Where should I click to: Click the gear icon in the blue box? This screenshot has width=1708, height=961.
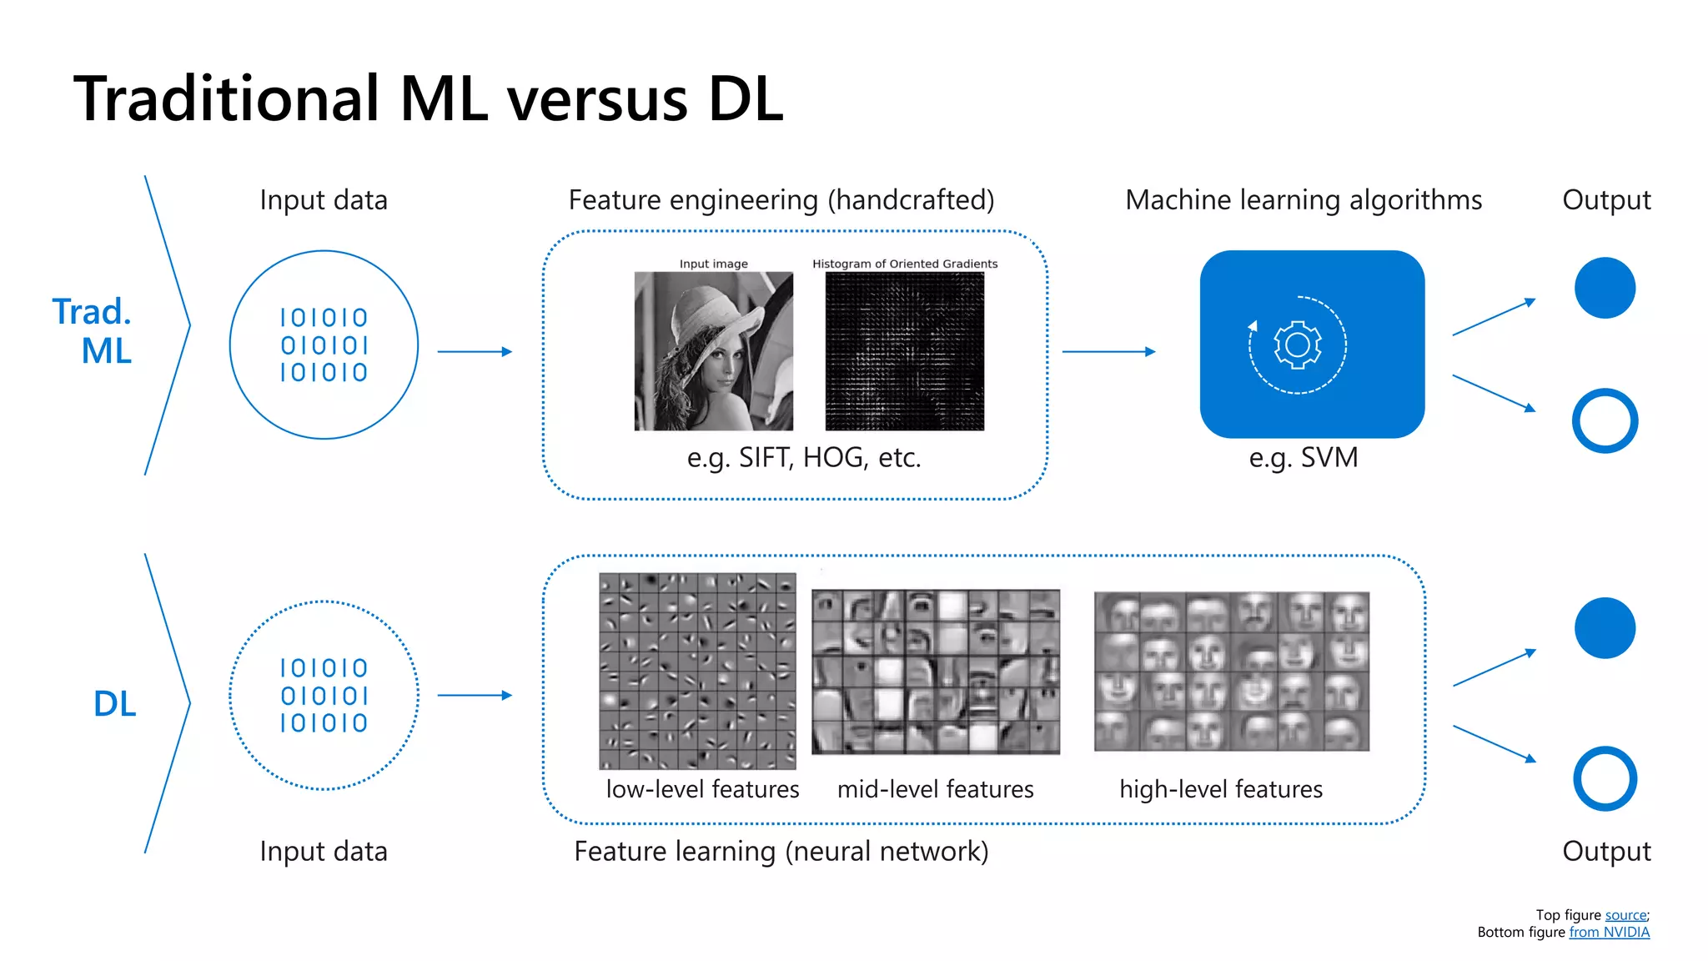tap(1298, 345)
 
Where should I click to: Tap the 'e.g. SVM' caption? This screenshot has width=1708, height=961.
tap(1303, 458)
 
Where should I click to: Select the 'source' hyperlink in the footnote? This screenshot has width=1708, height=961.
tap(1625, 915)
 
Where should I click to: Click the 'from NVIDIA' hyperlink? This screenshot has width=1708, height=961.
tap(1609, 933)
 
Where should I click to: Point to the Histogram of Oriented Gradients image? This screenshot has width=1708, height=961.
tap(904, 351)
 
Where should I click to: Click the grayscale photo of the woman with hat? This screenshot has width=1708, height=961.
tap(713, 351)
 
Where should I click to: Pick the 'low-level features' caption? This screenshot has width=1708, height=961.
tap(702, 789)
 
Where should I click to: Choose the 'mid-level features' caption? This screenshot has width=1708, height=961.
tap(935, 789)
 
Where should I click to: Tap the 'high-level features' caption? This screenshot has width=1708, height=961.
tap(1220, 789)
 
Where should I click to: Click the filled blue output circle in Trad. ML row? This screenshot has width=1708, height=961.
tap(1605, 288)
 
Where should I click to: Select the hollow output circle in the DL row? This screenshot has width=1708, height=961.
tap(1605, 778)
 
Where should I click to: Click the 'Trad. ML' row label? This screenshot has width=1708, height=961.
tap(93, 331)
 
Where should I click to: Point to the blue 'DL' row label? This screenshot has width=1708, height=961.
tap(114, 704)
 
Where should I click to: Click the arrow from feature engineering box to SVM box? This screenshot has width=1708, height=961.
tap(1108, 352)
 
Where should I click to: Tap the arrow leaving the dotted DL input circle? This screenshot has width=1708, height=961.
tap(474, 695)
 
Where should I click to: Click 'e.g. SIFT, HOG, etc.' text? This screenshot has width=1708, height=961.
tap(803, 458)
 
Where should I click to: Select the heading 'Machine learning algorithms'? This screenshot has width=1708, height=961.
tap(1303, 200)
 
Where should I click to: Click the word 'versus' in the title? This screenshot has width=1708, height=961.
tap(597, 100)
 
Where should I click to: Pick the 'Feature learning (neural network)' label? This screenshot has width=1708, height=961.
tap(781, 852)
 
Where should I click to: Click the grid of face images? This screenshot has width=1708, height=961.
tap(1231, 672)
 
